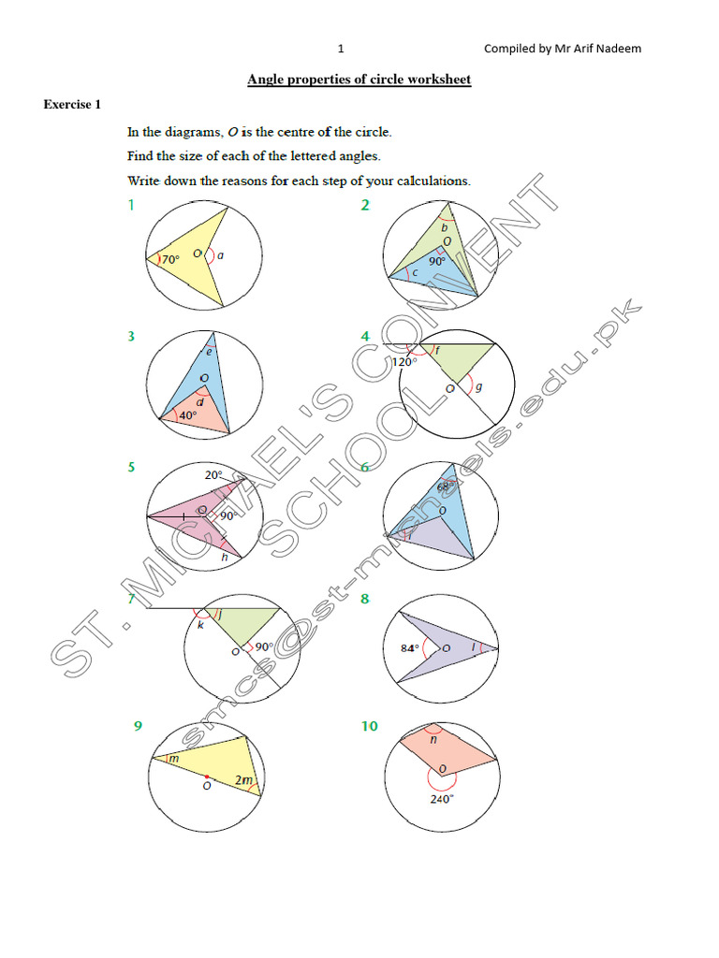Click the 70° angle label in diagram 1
169,259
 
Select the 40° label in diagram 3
187,415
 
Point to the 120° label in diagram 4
404,362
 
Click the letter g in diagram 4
479,386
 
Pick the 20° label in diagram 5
213,474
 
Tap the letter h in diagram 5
224,558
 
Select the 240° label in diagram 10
442,799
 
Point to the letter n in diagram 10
433,738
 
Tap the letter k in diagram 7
199,624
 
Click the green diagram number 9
138,725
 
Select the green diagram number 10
369,725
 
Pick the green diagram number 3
132,335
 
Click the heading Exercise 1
72,104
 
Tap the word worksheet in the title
438,80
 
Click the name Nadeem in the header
620,49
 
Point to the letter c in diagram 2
415,273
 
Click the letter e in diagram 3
209,352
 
